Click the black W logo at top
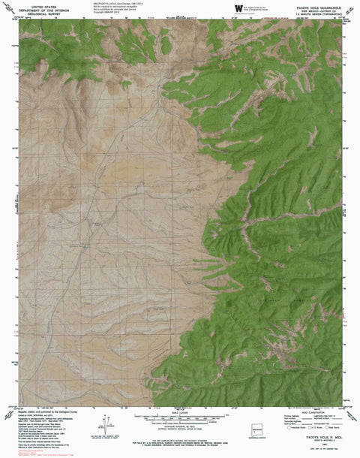(238, 8)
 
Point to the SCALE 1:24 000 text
(181, 411)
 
